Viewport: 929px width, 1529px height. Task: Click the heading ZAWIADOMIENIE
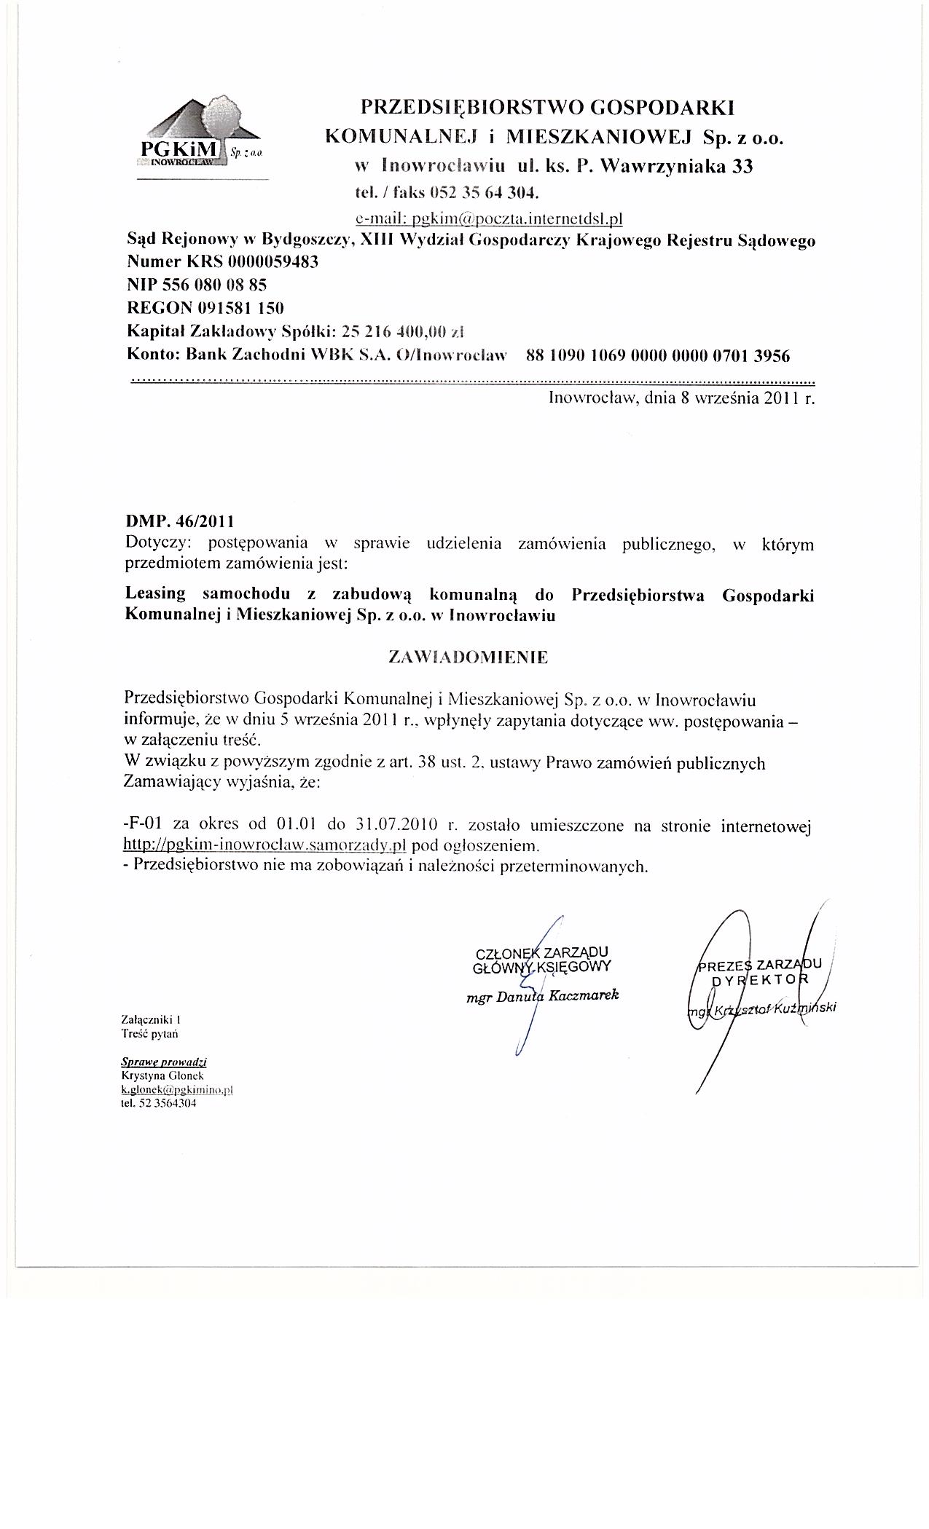469,657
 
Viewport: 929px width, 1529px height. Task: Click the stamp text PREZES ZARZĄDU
759,965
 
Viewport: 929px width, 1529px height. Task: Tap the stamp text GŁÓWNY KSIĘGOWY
541,967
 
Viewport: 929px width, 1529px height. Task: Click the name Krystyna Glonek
154,1075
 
